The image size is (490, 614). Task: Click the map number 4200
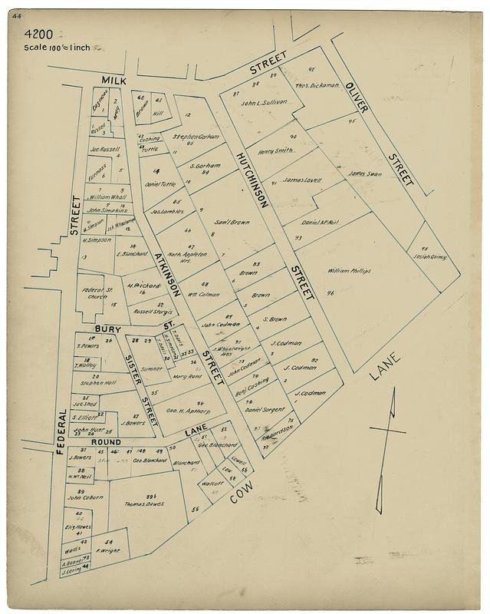[x=38, y=34]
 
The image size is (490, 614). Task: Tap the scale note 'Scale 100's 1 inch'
[x=58, y=48]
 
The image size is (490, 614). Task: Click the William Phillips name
[x=349, y=271]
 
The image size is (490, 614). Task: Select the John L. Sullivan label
[x=263, y=101]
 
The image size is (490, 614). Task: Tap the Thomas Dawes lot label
[x=146, y=504]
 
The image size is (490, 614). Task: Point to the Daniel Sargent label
[x=265, y=411]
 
